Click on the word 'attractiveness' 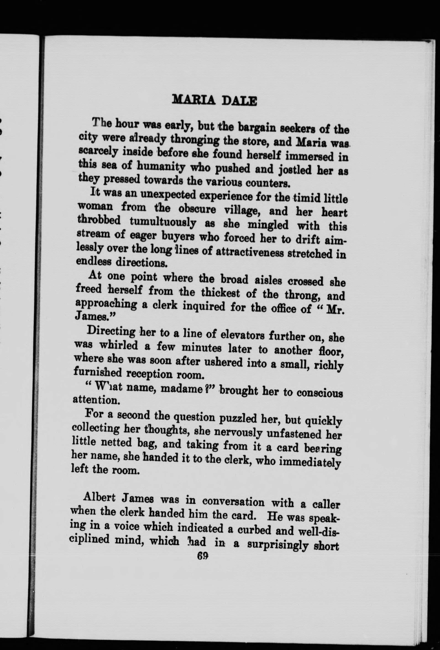(x=249, y=252)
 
